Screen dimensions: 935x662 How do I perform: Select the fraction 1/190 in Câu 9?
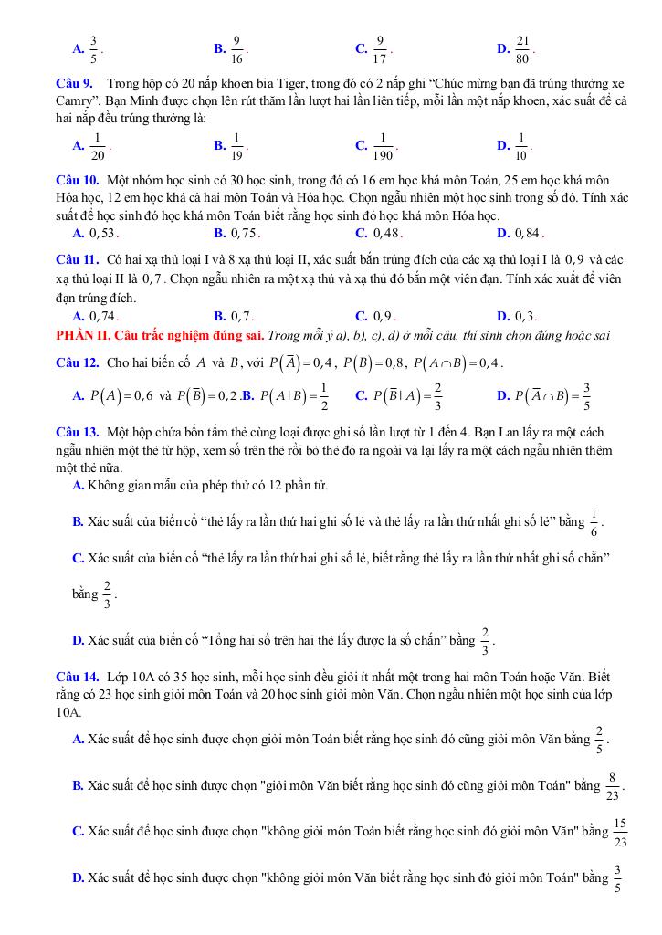click(383, 145)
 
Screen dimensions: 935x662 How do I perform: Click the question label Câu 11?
click(77, 260)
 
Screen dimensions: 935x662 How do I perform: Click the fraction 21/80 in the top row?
click(522, 47)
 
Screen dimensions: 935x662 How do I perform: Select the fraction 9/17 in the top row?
click(381, 47)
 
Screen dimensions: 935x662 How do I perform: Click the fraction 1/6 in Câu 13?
click(594, 521)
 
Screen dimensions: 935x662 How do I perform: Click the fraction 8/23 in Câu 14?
click(612, 785)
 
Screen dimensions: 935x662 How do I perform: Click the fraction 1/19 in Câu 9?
click(236, 145)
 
